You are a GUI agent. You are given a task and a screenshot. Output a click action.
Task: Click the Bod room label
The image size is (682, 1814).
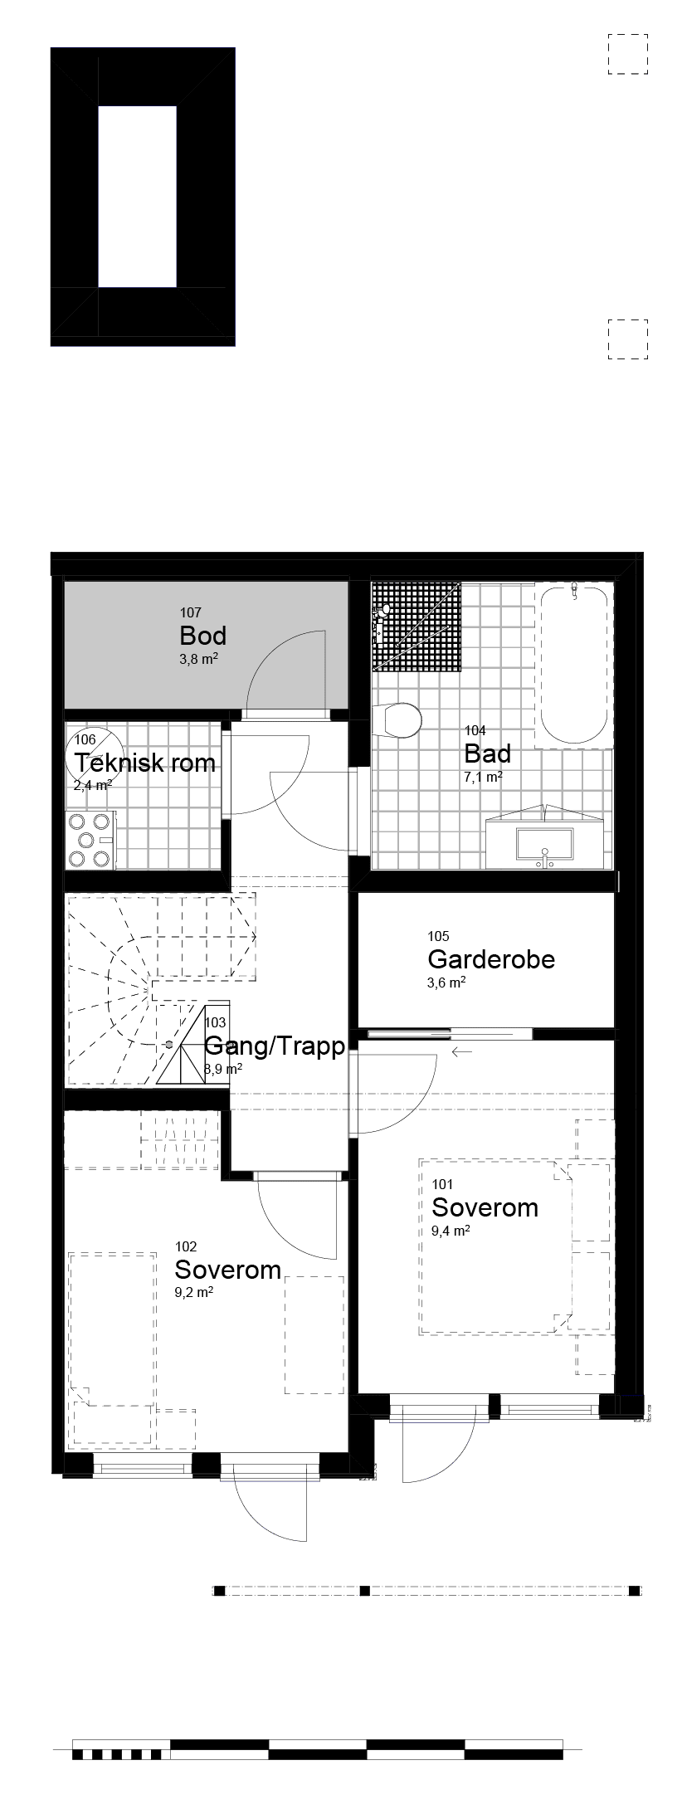pyautogui.click(x=202, y=636)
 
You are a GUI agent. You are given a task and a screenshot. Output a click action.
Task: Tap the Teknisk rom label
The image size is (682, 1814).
pyautogui.click(x=145, y=763)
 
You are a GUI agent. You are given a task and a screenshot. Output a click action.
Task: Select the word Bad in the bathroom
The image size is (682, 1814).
pyautogui.click(x=487, y=754)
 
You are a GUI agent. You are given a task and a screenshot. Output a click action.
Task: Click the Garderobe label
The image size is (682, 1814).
pyautogui.click(x=491, y=959)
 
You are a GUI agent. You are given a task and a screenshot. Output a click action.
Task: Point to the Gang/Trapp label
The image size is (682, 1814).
pyautogui.click(x=275, y=1046)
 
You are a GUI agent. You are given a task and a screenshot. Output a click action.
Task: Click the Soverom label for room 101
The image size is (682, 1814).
pyautogui.click(x=485, y=1207)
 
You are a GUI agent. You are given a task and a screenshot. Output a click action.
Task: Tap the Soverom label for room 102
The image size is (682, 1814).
pyautogui.click(x=227, y=1270)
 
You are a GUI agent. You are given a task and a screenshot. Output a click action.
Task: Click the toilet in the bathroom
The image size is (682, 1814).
pyautogui.click(x=398, y=719)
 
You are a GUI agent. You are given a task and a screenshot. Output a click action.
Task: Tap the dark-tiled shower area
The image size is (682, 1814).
pyautogui.click(x=416, y=626)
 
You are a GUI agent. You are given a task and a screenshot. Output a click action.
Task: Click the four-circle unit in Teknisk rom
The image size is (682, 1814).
pyautogui.click(x=90, y=840)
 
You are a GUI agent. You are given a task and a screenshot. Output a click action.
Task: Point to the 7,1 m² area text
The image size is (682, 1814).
pyautogui.click(x=483, y=778)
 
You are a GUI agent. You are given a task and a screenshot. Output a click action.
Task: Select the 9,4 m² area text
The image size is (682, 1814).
pyautogui.click(x=451, y=1231)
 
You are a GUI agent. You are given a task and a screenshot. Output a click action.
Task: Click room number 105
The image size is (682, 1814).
pyautogui.click(x=438, y=937)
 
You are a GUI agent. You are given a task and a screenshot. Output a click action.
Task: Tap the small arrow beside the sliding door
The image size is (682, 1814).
pyautogui.click(x=462, y=1051)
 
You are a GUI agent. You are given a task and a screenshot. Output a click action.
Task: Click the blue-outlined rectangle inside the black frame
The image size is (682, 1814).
pyautogui.click(x=137, y=197)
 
